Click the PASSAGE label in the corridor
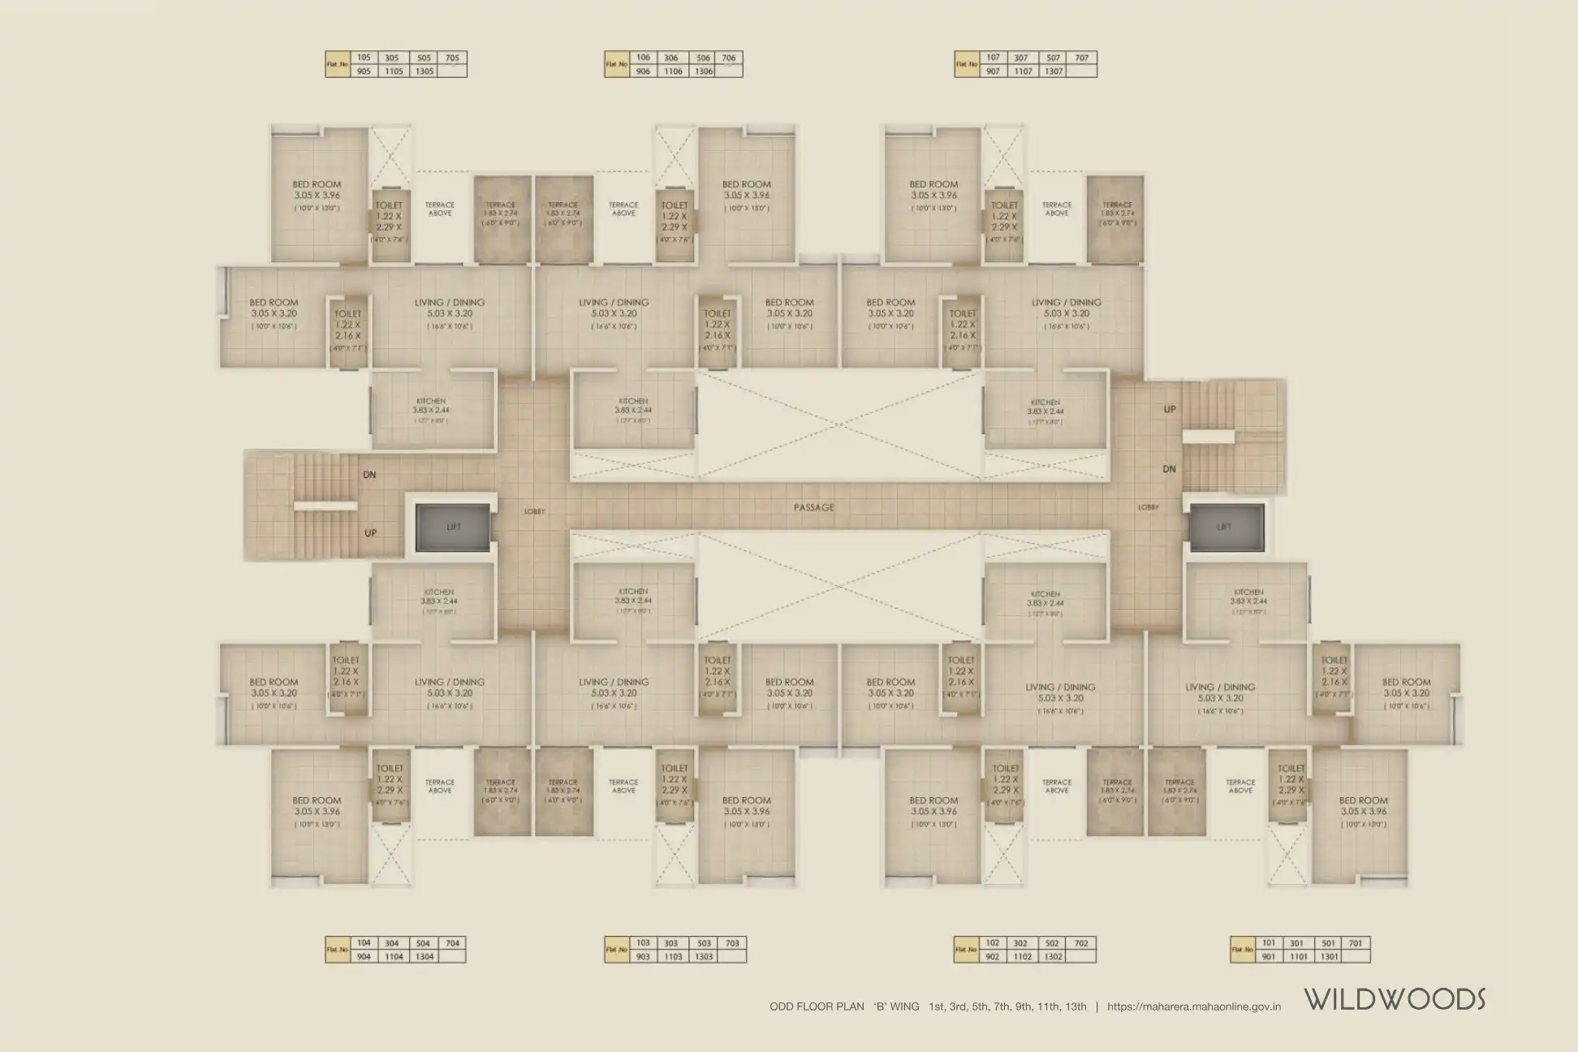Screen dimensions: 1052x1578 tap(813, 507)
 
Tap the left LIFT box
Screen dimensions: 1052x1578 tap(453, 527)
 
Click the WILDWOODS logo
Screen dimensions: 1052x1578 tap(1395, 1000)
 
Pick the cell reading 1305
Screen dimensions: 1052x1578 tap(424, 71)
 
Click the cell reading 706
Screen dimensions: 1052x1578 tap(729, 58)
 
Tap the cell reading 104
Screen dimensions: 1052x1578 tap(364, 942)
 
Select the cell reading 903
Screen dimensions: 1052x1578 tap(643, 957)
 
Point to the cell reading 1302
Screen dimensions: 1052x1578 tap(1053, 957)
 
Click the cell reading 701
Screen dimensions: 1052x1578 tap(1356, 942)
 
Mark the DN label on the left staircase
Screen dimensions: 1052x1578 tap(369, 475)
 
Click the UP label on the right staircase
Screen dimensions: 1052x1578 tap(1170, 410)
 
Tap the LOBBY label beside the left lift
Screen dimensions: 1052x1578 tap(534, 511)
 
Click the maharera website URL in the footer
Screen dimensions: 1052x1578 tap(1193, 1007)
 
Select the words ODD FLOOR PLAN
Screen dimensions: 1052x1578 tap(817, 1007)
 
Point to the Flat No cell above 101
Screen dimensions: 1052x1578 tap(1242, 950)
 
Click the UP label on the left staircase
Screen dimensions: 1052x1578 tap(370, 533)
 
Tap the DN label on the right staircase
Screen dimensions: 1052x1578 tap(1170, 469)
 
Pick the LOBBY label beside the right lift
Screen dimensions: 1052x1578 tap(1148, 507)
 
